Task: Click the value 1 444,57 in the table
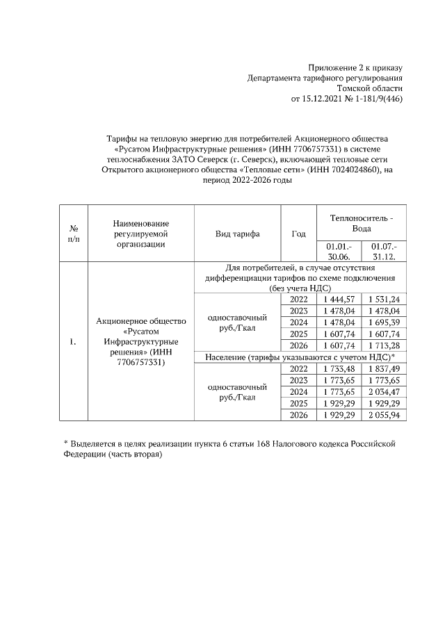pyautogui.click(x=341, y=299)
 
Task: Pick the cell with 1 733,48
pyautogui.click(x=341, y=368)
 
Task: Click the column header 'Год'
pyautogui.click(x=298, y=234)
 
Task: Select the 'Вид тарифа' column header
pyautogui.click(x=238, y=234)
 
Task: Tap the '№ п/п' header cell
pyautogui.click(x=74, y=234)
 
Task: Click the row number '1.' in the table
pyautogui.click(x=74, y=341)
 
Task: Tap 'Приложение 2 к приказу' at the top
pyautogui.click(x=355, y=67)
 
